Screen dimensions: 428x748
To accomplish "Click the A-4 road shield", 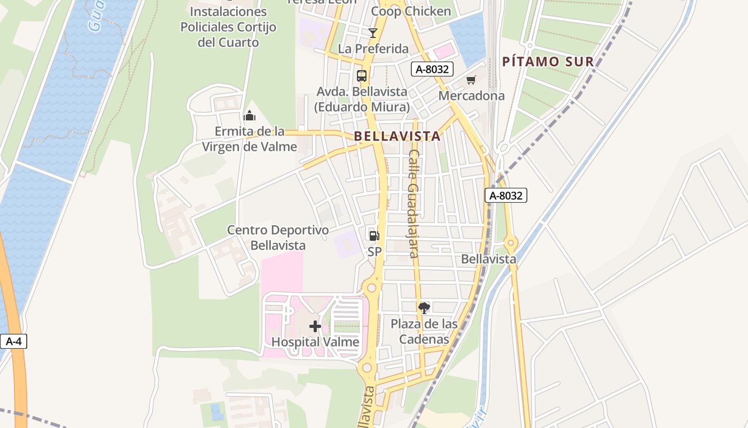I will click(13, 341).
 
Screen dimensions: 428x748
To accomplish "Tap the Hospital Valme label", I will click(315, 342).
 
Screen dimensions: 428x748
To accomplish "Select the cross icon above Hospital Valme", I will click(315, 326).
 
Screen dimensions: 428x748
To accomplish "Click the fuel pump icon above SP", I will click(374, 235).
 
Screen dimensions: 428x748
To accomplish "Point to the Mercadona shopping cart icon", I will click(471, 80).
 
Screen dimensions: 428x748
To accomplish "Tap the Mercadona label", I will click(471, 96).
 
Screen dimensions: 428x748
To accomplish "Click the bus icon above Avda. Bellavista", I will click(362, 75).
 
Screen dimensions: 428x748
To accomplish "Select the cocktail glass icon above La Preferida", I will click(373, 33).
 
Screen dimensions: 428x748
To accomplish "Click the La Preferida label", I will click(373, 49).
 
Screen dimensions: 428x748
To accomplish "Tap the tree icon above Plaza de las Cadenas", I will click(424, 308).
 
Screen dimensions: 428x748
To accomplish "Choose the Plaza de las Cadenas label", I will click(424, 331).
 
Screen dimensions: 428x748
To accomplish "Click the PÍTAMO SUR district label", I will click(548, 62).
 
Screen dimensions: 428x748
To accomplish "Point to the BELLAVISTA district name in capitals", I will click(398, 136).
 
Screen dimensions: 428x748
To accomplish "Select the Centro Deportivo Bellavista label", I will click(278, 238).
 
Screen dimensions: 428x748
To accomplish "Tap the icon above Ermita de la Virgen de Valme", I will click(249, 115).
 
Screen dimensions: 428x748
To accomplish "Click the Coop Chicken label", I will click(411, 11).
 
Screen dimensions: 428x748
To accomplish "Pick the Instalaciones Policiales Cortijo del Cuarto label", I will click(228, 27).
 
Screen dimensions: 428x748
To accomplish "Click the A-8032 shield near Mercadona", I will click(432, 68).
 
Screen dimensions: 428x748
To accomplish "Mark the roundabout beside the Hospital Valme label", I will click(367, 368).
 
